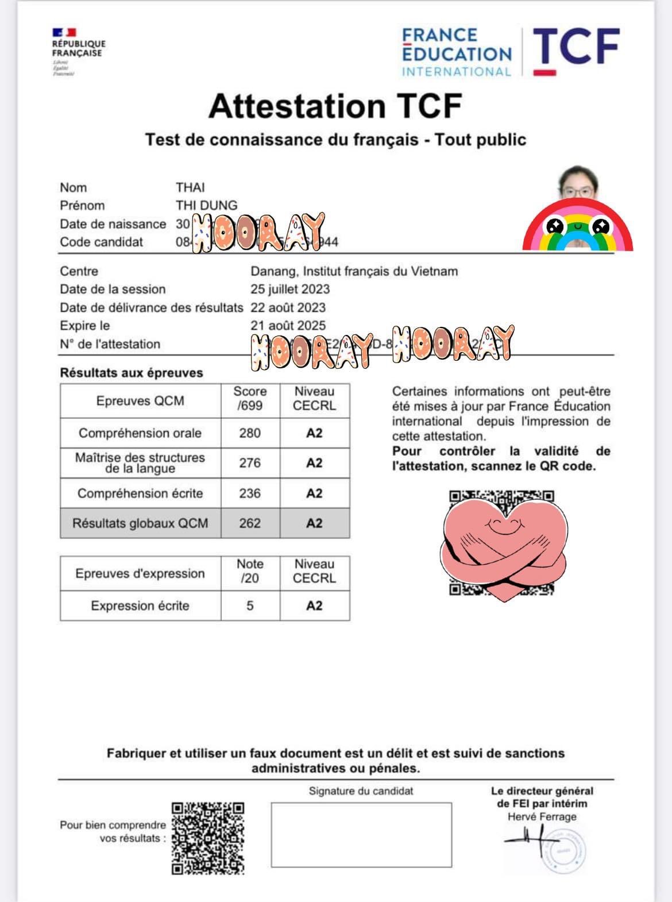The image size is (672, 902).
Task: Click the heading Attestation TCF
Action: click(x=335, y=106)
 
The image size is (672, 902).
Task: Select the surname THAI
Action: click(x=190, y=187)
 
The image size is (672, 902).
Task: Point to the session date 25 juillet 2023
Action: click(x=290, y=289)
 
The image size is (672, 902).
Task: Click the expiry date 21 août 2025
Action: click(x=288, y=325)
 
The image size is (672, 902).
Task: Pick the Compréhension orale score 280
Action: click(x=250, y=433)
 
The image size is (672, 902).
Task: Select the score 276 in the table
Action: click(x=250, y=463)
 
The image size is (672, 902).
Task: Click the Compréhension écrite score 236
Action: click(x=250, y=494)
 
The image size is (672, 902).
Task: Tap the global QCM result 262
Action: click(x=250, y=523)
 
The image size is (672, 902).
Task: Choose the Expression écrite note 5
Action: click(x=250, y=606)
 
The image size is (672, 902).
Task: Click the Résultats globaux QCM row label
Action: click(x=140, y=523)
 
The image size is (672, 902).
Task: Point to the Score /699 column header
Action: click(x=250, y=399)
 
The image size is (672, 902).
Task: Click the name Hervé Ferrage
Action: click(x=542, y=816)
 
